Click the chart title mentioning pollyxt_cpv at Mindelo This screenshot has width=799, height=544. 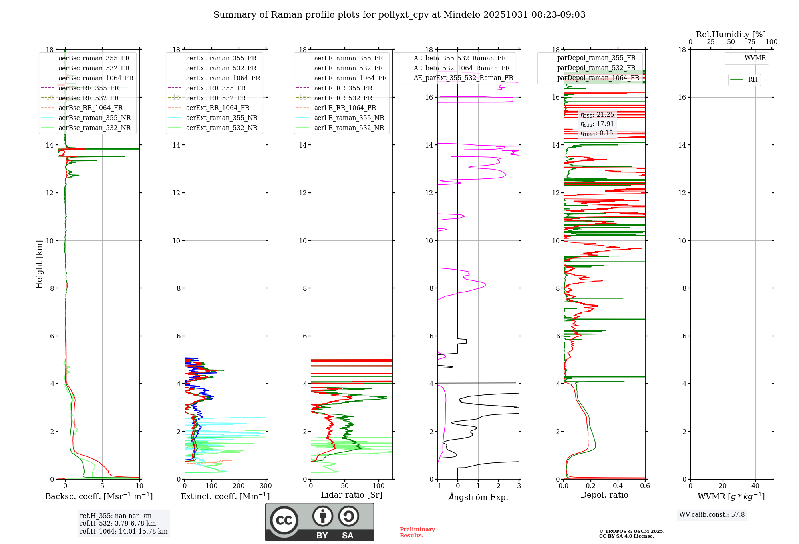tap(399, 15)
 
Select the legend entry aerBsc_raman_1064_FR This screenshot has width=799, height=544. tap(96, 78)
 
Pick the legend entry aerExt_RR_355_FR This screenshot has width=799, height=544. tap(216, 88)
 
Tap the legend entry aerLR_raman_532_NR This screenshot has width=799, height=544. tap(349, 128)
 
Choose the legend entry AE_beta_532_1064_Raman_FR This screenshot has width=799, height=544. tap(461, 68)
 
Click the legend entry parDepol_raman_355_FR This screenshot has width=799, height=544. tap(596, 58)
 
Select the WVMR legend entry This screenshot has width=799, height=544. tap(755, 58)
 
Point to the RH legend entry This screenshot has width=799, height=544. tap(753, 80)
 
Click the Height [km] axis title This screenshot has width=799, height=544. tap(39, 264)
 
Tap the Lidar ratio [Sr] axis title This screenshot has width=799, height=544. tap(352, 495)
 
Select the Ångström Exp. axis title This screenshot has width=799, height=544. tap(478, 497)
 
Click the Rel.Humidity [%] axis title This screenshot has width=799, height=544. tap(731, 34)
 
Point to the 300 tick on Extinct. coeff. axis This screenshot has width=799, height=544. tap(266, 486)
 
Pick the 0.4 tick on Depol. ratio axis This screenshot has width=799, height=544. tap(618, 486)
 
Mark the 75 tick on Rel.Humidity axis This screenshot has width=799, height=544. tap(751, 42)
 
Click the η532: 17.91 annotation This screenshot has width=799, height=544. tap(597, 124)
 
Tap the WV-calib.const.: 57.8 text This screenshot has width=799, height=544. tap(712, 515)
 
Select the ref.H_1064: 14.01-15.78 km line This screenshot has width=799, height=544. tap(123, 531)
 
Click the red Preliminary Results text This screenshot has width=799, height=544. tap(417, 532)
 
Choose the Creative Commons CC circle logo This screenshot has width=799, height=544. tap(284, 520)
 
